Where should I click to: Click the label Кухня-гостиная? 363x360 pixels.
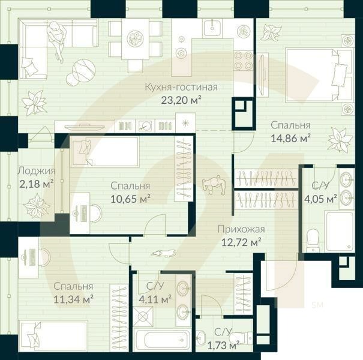181,87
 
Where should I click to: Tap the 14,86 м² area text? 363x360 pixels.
290,137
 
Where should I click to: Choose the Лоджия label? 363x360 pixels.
36,170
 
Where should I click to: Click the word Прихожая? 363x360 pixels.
242,229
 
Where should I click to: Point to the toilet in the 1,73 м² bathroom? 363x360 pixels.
242,337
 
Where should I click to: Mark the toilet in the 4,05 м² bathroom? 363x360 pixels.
312,240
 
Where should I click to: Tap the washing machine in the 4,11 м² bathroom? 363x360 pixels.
144,316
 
